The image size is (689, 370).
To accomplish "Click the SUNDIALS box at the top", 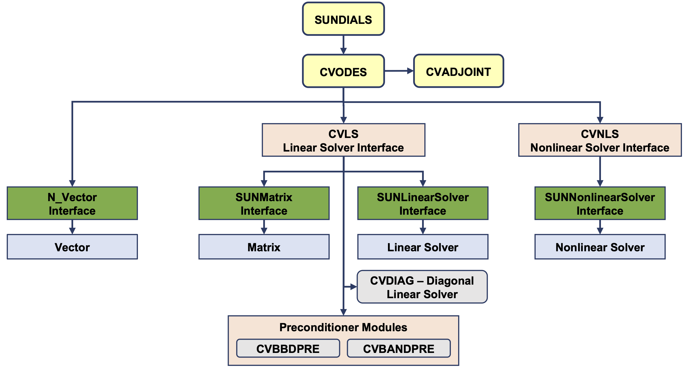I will point(343,19).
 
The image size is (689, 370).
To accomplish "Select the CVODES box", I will point(343,71).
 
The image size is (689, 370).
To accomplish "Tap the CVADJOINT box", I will point(458,71).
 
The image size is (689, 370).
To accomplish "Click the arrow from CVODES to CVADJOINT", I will point(399,71).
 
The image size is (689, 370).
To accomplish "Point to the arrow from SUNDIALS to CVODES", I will point(343,45).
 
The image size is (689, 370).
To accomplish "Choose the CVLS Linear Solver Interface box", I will point(343,140).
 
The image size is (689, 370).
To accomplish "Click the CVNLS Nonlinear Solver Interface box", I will point(600,140).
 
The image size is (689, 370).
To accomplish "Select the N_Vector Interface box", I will point(72,203).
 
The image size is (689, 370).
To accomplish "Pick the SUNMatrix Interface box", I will point(264,203).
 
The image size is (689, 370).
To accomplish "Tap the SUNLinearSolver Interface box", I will point(423,203).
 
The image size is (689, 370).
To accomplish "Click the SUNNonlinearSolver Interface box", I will point(600,203).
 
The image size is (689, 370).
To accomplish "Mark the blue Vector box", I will point(72,247).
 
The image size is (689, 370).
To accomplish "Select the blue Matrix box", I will point(264,247).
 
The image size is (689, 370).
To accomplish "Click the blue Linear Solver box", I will point(423,247).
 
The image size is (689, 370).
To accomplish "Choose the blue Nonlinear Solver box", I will point(600,247).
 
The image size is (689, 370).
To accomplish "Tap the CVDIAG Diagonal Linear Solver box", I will point(422,287).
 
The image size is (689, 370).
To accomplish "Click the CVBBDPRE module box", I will point(288,348).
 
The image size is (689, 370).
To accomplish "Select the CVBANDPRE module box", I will point(399,348).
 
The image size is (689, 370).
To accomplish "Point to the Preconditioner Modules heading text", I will point(343,327).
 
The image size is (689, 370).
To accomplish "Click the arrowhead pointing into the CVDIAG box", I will point(353,287).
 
